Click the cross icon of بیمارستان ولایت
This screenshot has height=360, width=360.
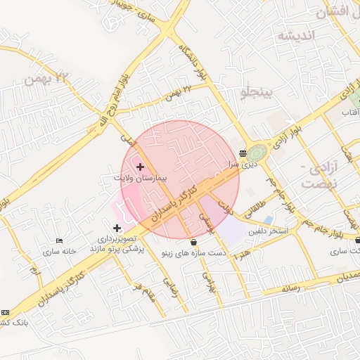point(140,167)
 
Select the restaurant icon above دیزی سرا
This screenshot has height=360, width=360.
point(243,153)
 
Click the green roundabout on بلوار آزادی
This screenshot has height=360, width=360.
point(256,153)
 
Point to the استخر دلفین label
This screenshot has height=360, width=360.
point(269,231)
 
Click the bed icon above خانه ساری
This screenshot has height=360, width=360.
point(59,241)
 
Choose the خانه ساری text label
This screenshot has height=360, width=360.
point(59,251)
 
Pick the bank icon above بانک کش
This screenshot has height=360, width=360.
point(6,312)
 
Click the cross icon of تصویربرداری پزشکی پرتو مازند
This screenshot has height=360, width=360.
point(117,227)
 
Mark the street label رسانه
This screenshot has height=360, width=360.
point(290,287)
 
